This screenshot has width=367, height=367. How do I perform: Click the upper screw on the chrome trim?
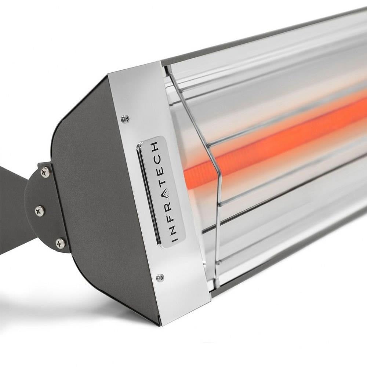coord(125,118)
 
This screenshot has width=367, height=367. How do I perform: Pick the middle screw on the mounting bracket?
coord(39,210)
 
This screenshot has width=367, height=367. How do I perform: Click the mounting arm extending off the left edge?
coord(11,206)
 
